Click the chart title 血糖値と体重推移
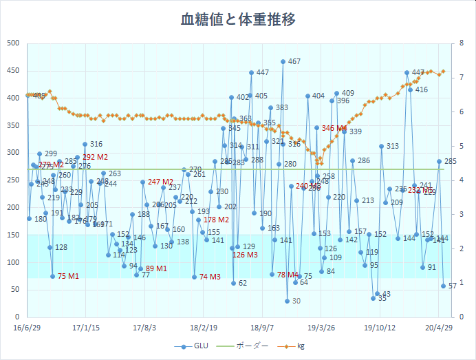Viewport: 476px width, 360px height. [x=238, y=19]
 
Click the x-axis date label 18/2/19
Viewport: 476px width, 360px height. [x=204, y=328]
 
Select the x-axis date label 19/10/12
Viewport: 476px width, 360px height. [x=380, y=328]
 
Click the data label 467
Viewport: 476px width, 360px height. [x=294, y=61]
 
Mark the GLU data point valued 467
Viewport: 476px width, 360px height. [x=283, y=61]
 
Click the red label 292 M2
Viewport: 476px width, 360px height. [x=96, y=158]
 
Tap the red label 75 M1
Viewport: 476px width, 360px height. [x=68, y=276]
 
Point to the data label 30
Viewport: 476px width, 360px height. [x=296, y=301]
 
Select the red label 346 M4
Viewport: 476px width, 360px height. [x=334, y=128]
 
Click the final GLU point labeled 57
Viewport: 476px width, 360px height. [x=443, y=286]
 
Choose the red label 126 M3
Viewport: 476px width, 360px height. [x=245, y=255]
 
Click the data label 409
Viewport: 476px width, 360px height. [x=348, y=93]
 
